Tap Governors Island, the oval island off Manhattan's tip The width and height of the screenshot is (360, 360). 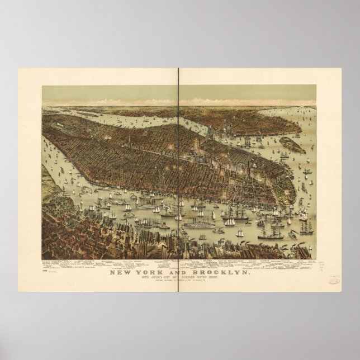[x=292, y=145]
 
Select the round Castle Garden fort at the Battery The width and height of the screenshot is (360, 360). [x=288, y=195]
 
